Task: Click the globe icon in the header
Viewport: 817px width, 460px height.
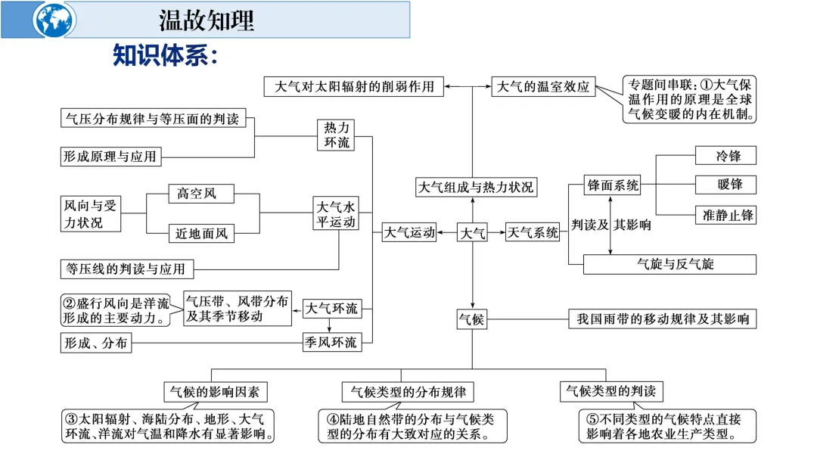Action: coord(54,20)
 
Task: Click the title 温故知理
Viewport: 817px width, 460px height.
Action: coord(207,20)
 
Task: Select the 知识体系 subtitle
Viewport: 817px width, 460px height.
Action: coord(165,54)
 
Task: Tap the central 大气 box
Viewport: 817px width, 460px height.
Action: coord(473,233)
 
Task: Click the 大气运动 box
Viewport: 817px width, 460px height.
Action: coord(409,233)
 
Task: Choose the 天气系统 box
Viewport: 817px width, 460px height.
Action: coord(533,233)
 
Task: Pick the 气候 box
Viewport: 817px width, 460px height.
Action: coord(472,319)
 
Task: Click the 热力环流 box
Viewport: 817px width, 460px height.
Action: coord(337,135)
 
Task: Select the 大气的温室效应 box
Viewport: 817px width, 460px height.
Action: coord(543,86)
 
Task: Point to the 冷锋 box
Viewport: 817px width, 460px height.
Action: coord(725,156)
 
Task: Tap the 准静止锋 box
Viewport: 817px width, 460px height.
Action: coord(725,215)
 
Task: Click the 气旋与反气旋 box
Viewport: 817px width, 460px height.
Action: coord(669,264)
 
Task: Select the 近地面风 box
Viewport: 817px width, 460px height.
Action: coord(201,234)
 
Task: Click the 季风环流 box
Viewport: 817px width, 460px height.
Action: coord(331,343)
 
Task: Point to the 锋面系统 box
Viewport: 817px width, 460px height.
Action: coord(613,185)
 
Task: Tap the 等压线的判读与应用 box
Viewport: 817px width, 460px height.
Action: coord(126,269)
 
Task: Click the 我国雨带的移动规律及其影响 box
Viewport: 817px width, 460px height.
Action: coord(662,319)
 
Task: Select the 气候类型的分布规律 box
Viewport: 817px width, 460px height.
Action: coord(408,392)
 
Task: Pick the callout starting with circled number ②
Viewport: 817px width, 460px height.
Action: coord(120,310)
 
